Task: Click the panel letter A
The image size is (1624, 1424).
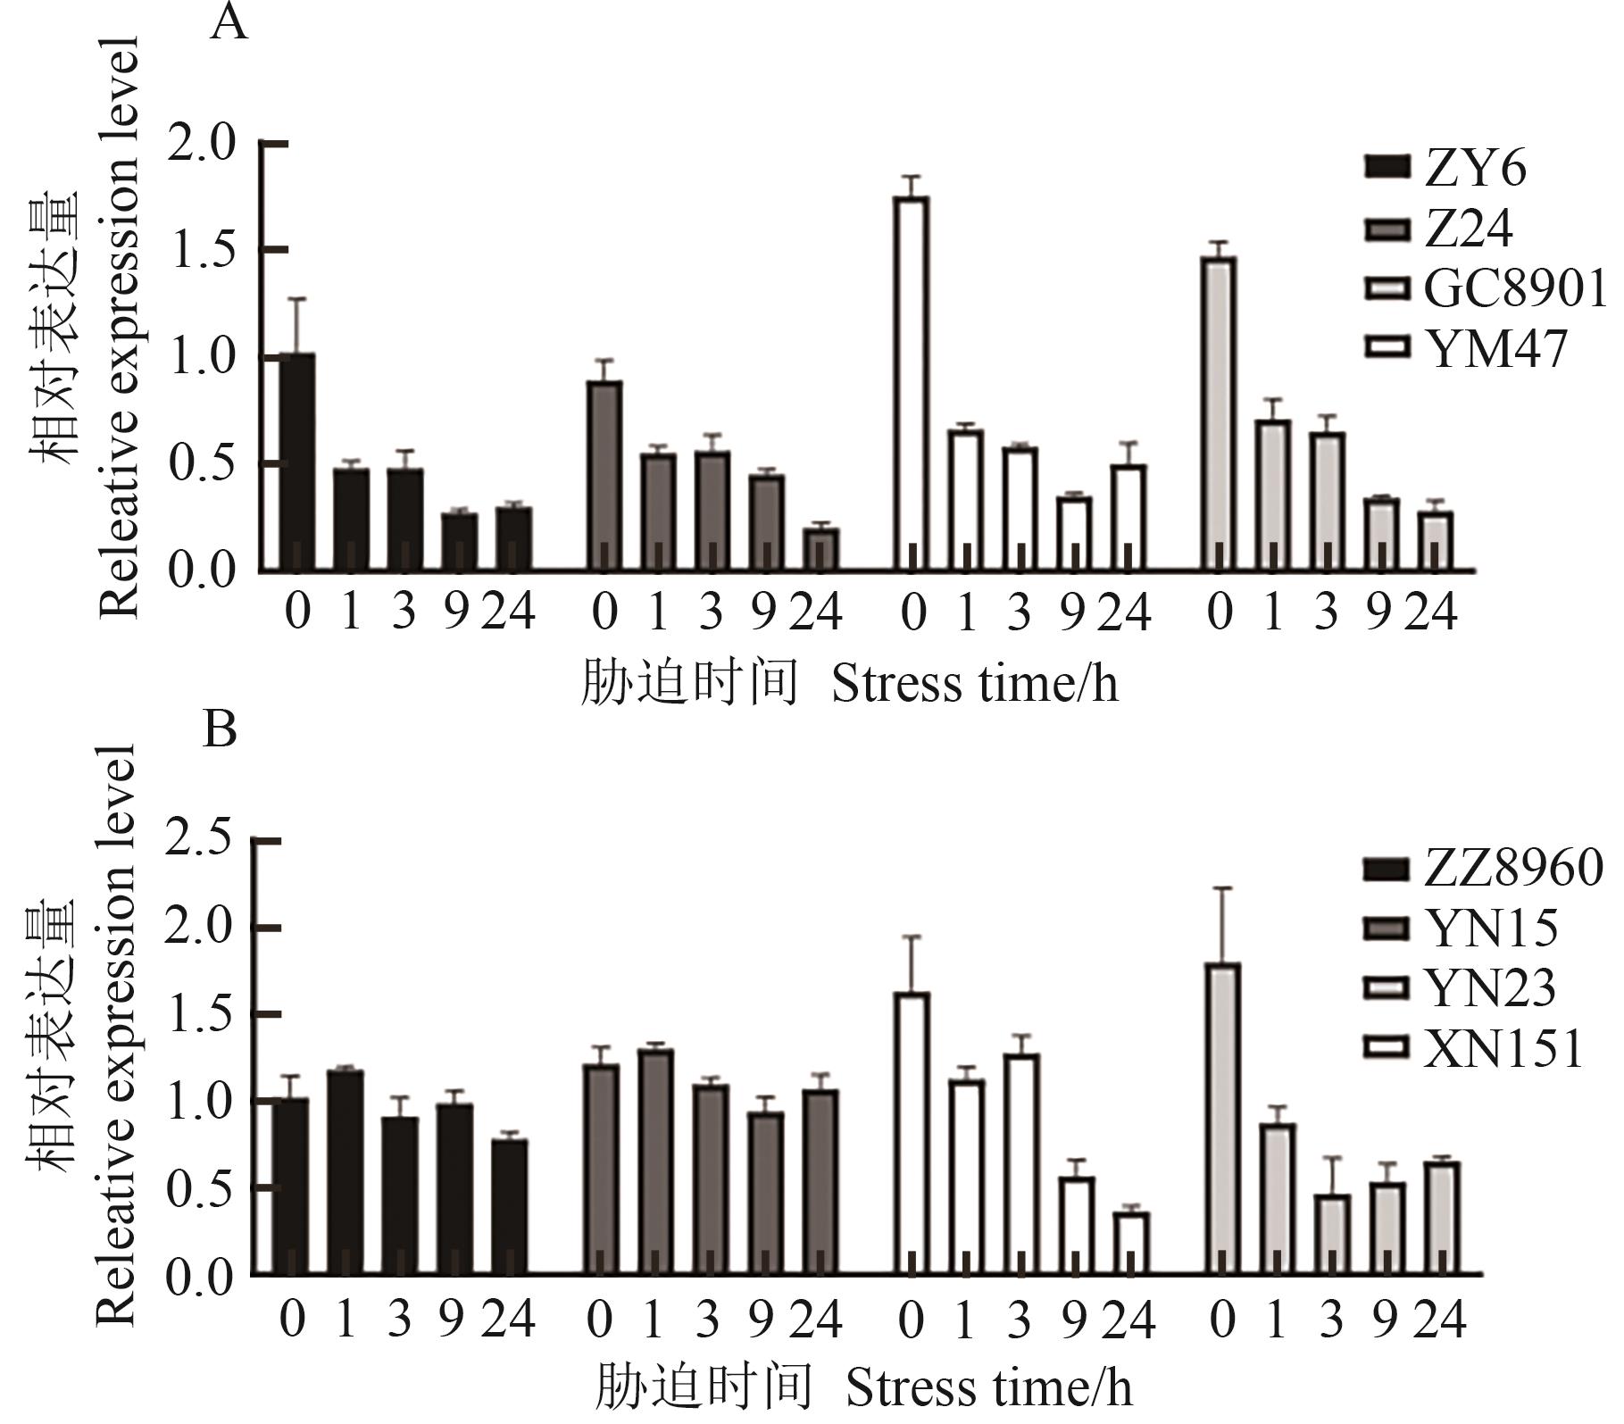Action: (x=229, y=22)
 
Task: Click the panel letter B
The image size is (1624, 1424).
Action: (x=220, y=729)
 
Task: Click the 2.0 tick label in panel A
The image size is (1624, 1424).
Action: (x=202, y=144)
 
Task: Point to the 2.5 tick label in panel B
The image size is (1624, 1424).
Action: (x=198, y=842)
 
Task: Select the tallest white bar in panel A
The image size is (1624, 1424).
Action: (x=912, y=384)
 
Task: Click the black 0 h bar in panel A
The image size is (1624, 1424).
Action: (x=296, y=462)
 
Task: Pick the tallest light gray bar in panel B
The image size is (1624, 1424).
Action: (x=1221, y=1119)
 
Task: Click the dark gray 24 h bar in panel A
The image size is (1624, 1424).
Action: (x=820, y=550)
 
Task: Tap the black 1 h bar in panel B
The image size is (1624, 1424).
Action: (x=346, y=1172)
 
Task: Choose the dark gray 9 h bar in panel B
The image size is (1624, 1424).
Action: (x=765, y=1193)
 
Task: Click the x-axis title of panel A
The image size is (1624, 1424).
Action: (x=848, y=686)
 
